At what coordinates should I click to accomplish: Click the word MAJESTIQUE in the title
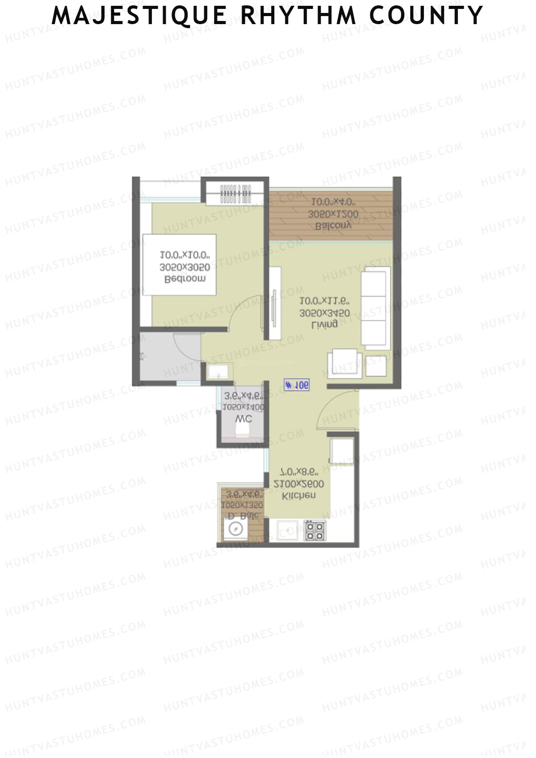click(140, 16)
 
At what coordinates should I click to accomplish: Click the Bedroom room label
click(185, 279)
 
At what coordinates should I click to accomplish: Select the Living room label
click(324, 325)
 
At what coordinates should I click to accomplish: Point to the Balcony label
click(333, 226)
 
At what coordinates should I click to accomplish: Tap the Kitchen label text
click(299, 495)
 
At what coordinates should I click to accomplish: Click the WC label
click(243, 419)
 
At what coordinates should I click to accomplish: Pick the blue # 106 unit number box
click(297, 385)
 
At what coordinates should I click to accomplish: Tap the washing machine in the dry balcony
click(235, 530)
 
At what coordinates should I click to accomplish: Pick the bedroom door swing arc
click(243, 313)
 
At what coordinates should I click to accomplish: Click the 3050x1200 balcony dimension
click(333, 214)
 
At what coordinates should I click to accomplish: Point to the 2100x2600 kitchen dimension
click(299, 484)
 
